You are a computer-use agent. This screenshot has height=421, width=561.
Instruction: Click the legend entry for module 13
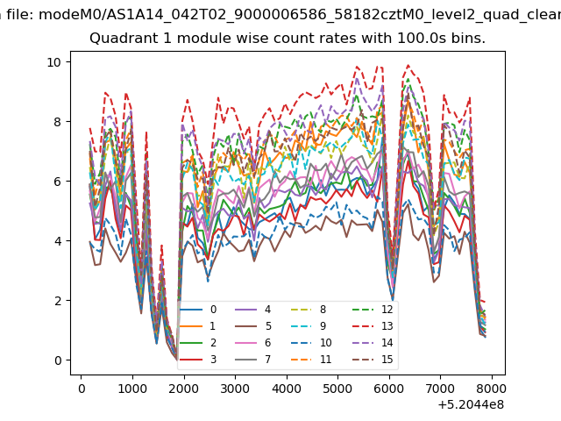click(x=373, y=326)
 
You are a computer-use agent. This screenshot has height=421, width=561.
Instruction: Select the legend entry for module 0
click(x=199, y=310)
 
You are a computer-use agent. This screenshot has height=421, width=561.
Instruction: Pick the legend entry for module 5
click(x=253, y=326)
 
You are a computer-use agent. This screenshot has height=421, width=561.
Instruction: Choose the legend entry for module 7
click(x=253, y=360)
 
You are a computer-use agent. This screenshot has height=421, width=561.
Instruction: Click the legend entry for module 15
click(x=373, y=360)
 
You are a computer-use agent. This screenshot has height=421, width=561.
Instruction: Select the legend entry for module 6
click(x=253, y=343)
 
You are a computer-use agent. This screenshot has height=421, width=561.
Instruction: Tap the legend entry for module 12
click(x=373, y=310)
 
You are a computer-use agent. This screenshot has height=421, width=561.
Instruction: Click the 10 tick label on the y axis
click(x=54, y=62)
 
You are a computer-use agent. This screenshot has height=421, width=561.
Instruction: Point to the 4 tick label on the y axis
click(x=58, y=241)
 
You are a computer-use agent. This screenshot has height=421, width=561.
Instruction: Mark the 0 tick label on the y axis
click(x=58, y=360)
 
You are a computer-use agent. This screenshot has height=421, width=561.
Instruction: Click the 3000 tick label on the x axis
click(x=235, y=389)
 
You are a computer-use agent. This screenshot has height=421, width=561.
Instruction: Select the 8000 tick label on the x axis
click(x=491, y=389)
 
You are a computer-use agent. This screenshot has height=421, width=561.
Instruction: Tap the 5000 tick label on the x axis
click(x=337, y=389)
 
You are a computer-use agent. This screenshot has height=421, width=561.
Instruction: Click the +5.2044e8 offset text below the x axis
click(x=471, y=405)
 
